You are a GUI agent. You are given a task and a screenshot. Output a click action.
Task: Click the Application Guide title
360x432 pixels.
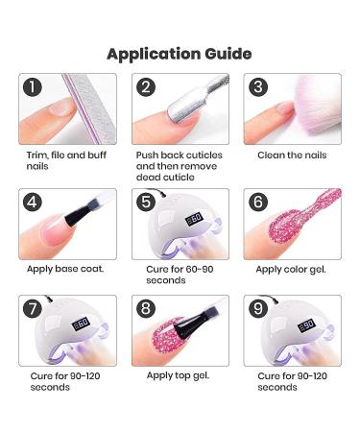(x=180, y=53)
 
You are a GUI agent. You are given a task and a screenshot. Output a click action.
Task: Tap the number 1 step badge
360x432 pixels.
(x=34, y=88)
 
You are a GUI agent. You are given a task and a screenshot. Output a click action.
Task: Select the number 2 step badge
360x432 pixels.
(x=146, y=88)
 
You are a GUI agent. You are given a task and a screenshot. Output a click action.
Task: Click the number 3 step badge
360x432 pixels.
(x=257, y=88)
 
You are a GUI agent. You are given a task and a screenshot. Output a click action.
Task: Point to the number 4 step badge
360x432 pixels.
(x=34, y=202)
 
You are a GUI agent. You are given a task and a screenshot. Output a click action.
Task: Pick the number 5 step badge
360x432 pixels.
(x=146, y=202)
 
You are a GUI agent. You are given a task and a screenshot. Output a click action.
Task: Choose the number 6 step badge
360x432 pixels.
(x=257, y=202)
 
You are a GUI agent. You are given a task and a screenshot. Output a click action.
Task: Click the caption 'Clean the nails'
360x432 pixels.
(x=292, y=155)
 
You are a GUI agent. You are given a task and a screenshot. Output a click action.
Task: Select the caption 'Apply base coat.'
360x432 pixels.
(x=65, y=268)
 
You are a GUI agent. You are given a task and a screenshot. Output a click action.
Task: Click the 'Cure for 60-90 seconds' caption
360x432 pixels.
(x=173, y=274)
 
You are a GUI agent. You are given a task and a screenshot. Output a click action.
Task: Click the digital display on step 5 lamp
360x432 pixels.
(x=193, y=219)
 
